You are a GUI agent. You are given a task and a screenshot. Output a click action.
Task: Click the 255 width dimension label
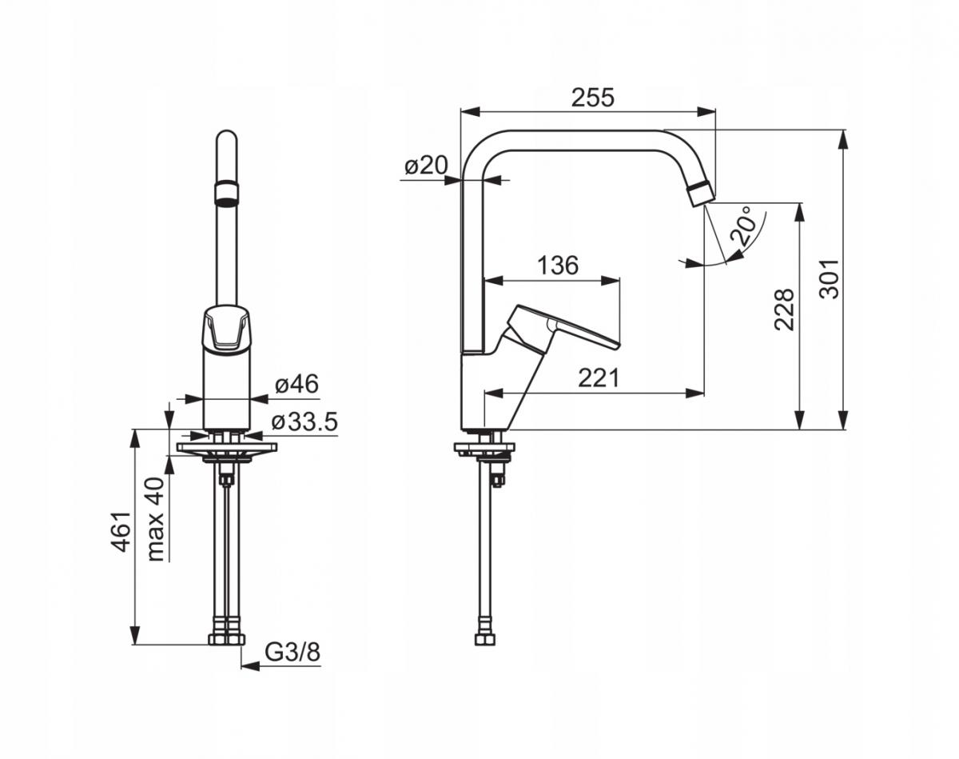click(593, 98)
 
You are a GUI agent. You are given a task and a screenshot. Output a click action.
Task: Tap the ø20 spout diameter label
click(426, 166)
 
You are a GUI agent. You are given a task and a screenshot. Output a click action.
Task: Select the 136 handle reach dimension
click(558, 266)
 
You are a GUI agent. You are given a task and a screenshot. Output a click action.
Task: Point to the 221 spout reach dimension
click(599, 378)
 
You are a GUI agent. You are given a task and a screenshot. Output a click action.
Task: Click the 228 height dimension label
click(784, 310)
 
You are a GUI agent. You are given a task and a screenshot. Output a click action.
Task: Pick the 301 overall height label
click(830, 279)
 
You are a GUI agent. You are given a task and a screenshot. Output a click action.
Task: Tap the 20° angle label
click(745, 226)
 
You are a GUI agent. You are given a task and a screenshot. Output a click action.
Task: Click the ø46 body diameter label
click(296, 384)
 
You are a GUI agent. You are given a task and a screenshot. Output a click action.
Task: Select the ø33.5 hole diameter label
click(304, 421)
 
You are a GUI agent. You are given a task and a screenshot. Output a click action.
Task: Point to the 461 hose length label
click(121, 532)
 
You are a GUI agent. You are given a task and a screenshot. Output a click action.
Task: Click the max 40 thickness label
click(156, 519)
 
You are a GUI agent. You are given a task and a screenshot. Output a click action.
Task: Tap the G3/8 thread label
click(292, 653)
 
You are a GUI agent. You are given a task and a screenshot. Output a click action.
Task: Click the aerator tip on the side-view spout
click(702, 193)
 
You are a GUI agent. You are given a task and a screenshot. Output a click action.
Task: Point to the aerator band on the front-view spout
click(226, 192)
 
